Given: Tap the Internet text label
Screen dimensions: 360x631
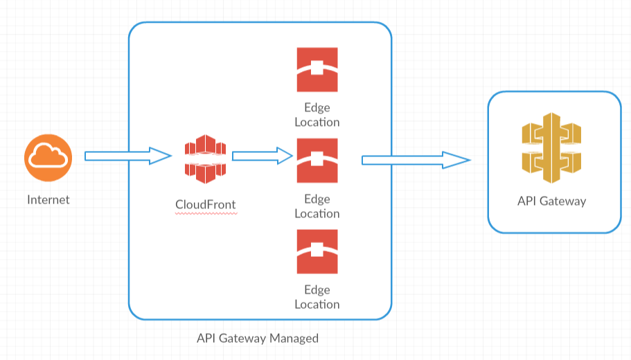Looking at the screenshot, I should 48,200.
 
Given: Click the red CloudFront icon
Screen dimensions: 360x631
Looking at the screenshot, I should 206,160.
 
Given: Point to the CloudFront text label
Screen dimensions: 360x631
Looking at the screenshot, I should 206,204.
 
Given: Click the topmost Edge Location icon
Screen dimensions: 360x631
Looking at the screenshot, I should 317,69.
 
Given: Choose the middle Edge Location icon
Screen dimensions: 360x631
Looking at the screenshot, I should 317,160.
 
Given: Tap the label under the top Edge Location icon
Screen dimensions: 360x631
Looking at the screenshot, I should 317,115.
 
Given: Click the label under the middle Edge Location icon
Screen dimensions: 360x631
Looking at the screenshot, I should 317,206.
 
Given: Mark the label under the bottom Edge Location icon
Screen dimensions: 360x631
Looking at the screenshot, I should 317,297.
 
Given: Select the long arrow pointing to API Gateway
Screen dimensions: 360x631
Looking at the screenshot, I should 416,161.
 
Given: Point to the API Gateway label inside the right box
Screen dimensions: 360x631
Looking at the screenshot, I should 551,201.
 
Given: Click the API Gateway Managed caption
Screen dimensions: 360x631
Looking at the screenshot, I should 258,339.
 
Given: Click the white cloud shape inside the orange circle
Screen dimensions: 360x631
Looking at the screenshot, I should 48,159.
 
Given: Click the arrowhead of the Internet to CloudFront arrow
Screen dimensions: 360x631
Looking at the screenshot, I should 161,156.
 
